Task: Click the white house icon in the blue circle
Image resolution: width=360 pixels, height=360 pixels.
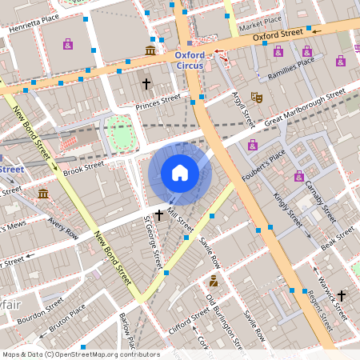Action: coord(180,173)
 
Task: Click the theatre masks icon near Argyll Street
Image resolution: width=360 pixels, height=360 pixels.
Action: coord(257,97)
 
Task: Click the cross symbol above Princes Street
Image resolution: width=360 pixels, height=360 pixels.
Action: coord(146,83)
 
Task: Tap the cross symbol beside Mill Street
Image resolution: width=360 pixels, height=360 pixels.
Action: coord(159,214)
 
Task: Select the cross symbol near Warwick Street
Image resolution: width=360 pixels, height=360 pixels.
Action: coord(342,295)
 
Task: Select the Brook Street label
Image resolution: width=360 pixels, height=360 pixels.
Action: coord(84,167)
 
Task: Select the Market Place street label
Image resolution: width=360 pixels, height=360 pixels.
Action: coord(261,19)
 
